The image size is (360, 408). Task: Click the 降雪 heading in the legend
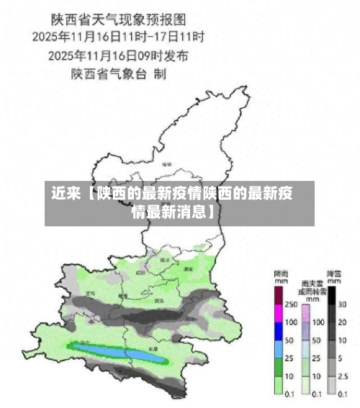click(x=333, y=275)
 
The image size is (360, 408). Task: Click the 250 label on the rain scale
click(x=290, y=305)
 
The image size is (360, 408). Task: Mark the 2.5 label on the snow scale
click(x=343, y=376)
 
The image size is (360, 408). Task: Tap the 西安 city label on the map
click(x=159, y=300)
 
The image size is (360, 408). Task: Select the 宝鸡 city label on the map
click(x=90, y=293)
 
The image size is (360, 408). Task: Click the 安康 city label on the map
click(x=153, y=347)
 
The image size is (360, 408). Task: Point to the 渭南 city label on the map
click(x=188, y=268)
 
